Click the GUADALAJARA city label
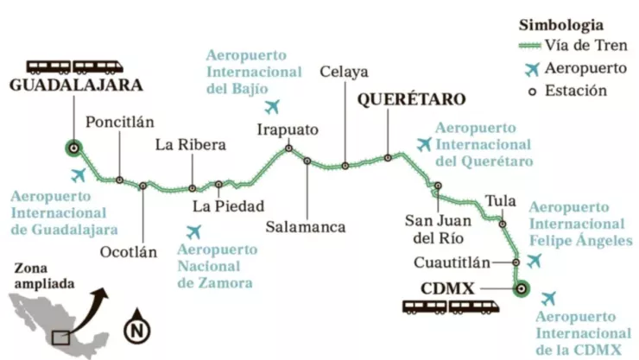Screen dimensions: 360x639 click(x=76, y=85)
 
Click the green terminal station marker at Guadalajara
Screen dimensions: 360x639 click(x=74, y=148)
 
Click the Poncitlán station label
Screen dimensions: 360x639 click(x=117, y=122)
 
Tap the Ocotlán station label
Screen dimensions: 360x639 click(x=129, y=251)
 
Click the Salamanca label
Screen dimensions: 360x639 click(x=306, y=227)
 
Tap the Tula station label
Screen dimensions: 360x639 click(x=500, y=201)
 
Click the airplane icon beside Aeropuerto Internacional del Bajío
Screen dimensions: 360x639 click(x=274, y=107)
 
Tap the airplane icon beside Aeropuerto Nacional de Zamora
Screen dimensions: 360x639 click(x=193, y=231)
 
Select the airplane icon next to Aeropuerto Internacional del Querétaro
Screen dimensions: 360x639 click(x=423, y=144)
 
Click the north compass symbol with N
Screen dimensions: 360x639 click(x=135, y=328)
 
